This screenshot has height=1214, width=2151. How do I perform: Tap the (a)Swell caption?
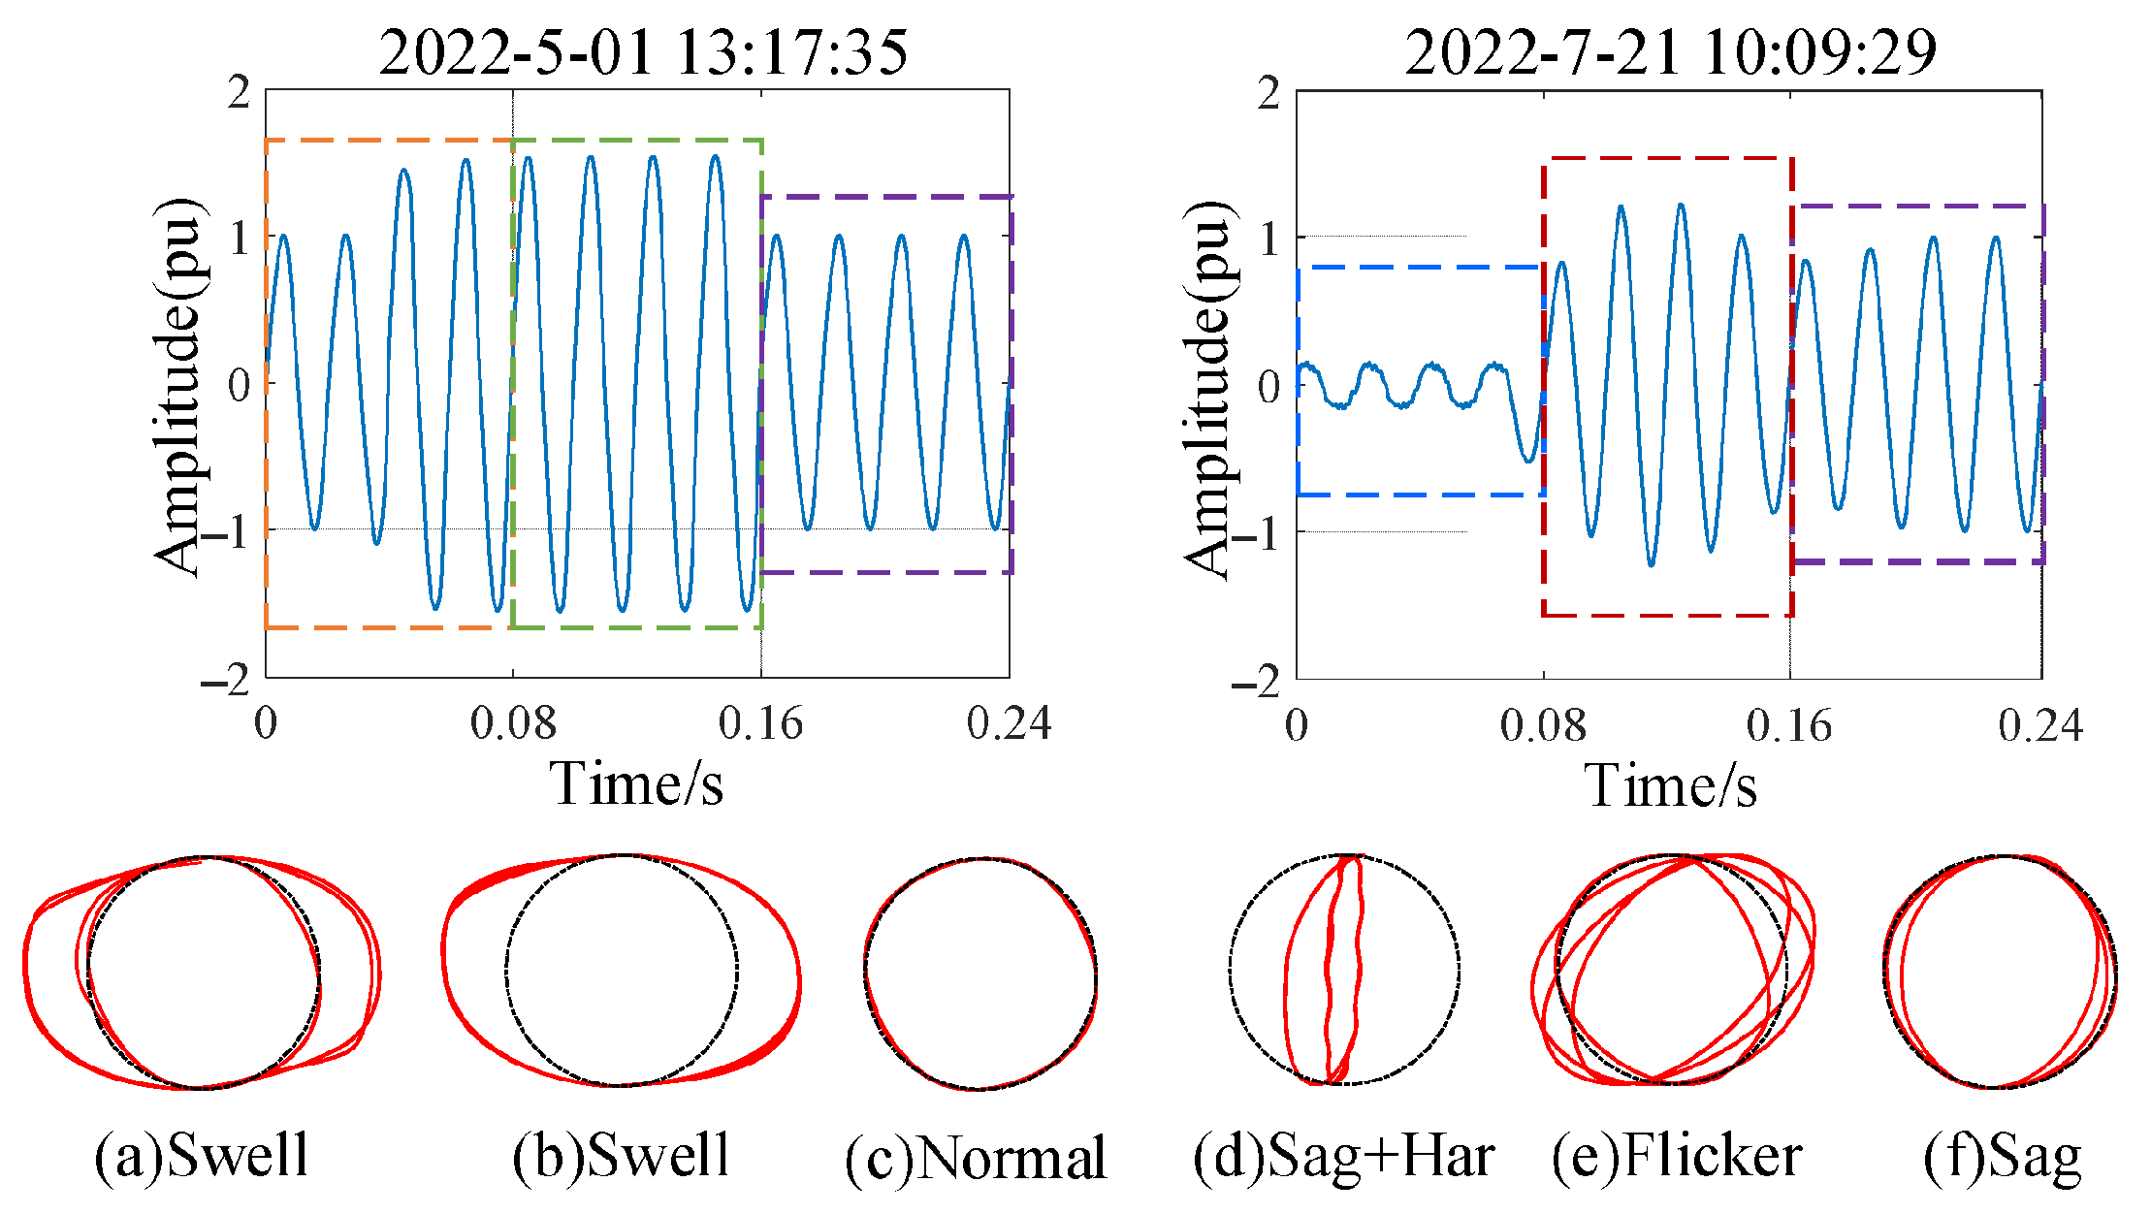click(x=201, y=1155)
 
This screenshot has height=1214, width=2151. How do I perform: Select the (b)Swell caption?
click(x=621, y=1155)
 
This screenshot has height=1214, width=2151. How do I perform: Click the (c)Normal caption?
click(x=976, y=1157)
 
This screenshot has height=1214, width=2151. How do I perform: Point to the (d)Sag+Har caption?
click(x=1344, y=1157)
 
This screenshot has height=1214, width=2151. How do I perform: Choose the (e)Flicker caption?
click(x=1677, y=1155)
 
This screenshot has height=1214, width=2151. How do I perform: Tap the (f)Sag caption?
click(x=2003, y=1157)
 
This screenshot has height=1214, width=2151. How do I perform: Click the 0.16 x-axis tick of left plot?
click(x=760, y=723)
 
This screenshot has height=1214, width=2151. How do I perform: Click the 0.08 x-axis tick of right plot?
click(x=1543, y=725)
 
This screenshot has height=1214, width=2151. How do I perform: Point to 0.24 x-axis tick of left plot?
click(x=1009, y=723)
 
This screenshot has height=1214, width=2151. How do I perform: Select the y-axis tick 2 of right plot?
click(x=1268, y=95)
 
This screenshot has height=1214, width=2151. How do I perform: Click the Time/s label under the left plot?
click(x=637, y=783)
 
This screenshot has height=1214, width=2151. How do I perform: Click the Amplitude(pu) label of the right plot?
click(x=1208, y=388)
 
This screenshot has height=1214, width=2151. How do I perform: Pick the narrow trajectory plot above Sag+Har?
click(x=1344, y=970)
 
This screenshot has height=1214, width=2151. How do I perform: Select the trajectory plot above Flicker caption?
click(x=1673, y=970)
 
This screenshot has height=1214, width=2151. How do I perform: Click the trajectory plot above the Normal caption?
click(x=979, y=973)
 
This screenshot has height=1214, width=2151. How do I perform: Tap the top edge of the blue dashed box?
click(x=1418, y=267)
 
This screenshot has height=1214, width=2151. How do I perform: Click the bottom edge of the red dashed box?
click(x=1667, y=615)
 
